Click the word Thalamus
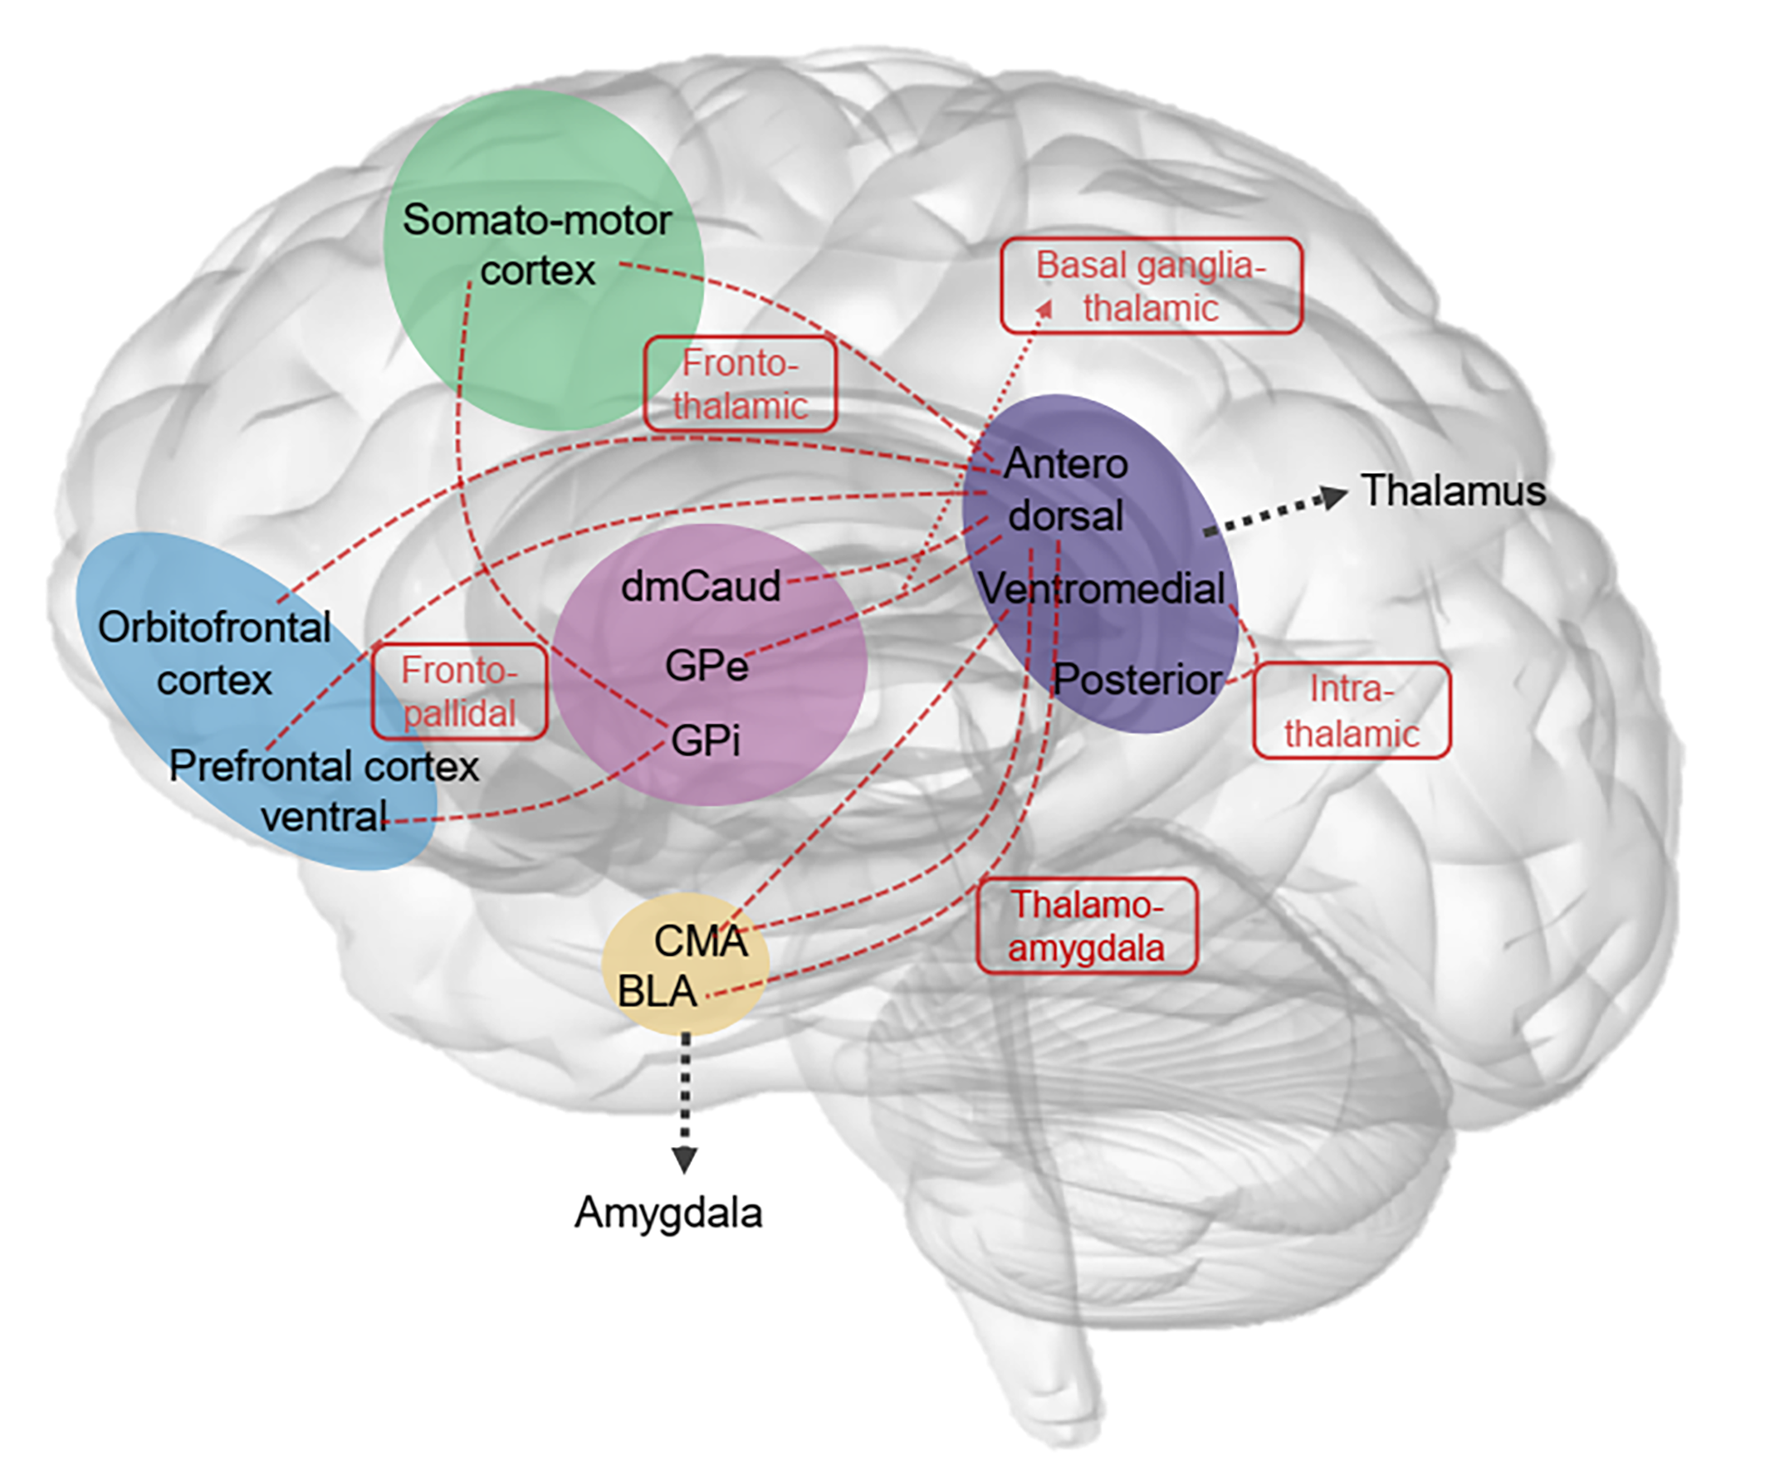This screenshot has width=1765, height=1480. pyautogui.click(x=1453, y=490)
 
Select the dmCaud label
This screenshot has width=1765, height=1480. pyautogui.click(x=701, y=586)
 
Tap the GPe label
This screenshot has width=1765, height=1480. pyautogui.click(x=706, y=666)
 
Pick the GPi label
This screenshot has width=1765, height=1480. pyautogui.click(x=705, y=740)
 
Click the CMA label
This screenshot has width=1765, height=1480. pyautogui.click(x=700, y=940)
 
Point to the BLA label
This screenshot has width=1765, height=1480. pyautogui.click(x=658, y=991)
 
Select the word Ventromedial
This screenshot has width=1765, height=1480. pyautogui.click(x=1102, y=589)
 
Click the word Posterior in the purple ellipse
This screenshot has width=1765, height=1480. pyautogui.click(x=1137, y=679)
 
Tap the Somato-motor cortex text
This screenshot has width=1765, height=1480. pyautogui.click(x=537, y=245)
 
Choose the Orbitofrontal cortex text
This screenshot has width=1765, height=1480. pyautogui.click(x=214, y=654)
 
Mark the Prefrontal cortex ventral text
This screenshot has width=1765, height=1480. pyautogui.click(x=325, y=791)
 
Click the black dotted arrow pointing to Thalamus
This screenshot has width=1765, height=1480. pyautogui.click(x=1276, y=513)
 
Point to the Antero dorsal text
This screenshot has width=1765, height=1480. pyautogui.click(x=1066, y=489)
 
